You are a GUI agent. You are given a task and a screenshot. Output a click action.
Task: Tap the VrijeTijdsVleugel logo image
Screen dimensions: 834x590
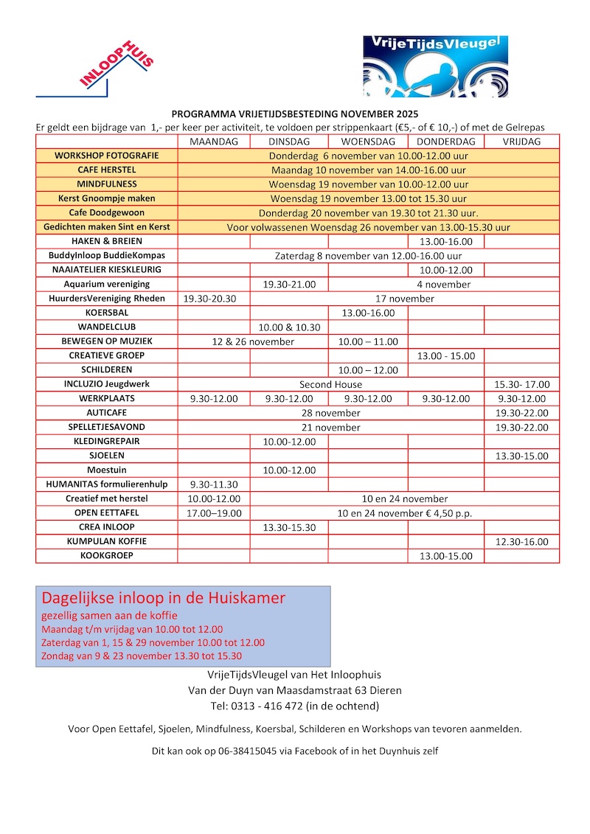[x=435, y=66]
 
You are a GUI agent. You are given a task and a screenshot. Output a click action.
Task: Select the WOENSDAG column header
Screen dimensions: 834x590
[x=367, y=142]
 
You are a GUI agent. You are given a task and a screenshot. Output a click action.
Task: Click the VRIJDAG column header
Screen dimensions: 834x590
[x=521, y=142]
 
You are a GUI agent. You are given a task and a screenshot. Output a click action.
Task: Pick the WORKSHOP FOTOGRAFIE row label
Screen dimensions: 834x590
[x=106, y=156]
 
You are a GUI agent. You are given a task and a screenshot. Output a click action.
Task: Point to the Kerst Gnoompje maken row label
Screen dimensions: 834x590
[x=106, y=198]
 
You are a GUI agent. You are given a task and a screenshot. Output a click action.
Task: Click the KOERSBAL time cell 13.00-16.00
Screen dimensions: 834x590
[x=367, y=313]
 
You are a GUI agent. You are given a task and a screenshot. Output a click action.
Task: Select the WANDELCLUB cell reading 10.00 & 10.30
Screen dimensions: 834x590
[x=289, y=327]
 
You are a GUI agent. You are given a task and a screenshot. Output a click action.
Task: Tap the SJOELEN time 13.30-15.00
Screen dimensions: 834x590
[x=521, y=456]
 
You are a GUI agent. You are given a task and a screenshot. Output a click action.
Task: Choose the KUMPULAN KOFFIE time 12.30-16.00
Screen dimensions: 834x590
[x=521, y=541]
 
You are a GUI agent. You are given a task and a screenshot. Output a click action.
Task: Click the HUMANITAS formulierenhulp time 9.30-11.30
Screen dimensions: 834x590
[x=214, y=484]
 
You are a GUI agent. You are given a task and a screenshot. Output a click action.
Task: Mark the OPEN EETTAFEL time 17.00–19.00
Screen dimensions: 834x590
[x=214, y=513]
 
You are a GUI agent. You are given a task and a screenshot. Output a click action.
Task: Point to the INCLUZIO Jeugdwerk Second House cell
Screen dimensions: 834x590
[x=330, y=384]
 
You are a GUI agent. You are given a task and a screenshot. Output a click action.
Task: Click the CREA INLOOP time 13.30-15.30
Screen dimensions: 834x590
[x=289, y=527]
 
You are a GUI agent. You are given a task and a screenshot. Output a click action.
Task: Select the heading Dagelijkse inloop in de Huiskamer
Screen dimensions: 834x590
[x=163, y=597]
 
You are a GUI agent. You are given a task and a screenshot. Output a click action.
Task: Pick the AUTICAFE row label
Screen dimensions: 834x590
[x=106, y=413]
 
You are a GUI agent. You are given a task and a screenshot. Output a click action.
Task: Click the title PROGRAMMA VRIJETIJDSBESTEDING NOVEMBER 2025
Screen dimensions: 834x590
[x=295, y=114]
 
